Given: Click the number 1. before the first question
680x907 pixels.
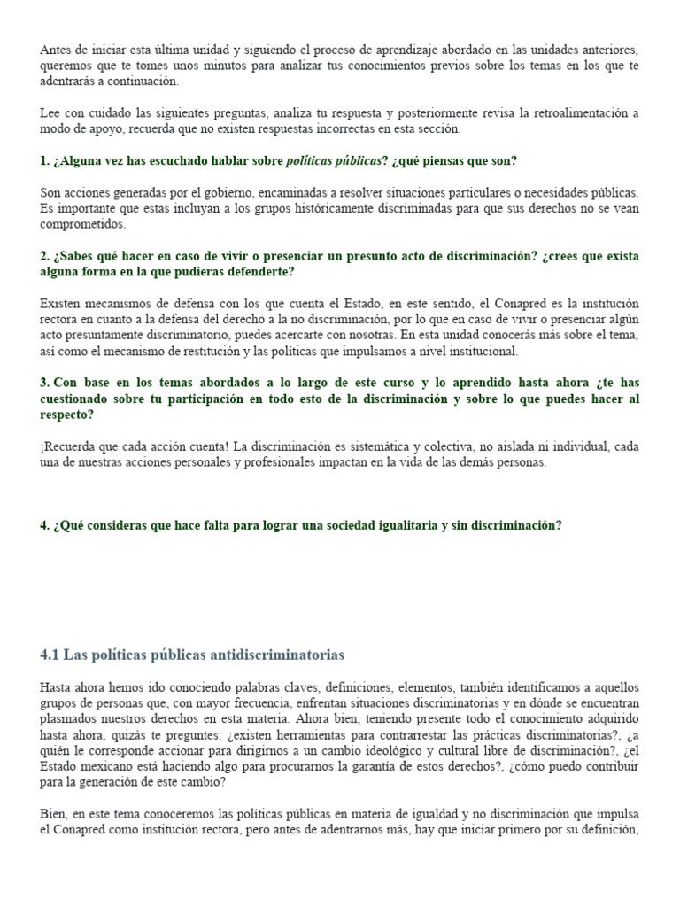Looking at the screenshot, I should pyautogui.click(x=44, y=161).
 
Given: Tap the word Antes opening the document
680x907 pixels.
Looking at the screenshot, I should pyautogui.click(x=55, y=50).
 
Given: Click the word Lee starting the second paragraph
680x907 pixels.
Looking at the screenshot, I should pyautogui.click(x=50, y=113).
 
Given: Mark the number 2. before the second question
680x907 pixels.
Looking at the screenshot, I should pyautogui.click(x=44, y=256).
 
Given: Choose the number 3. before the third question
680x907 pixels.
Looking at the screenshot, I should pyautogui.click(x=44, y=383).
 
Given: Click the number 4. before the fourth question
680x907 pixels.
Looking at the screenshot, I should pyautogui.click(x=44, y=525).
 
